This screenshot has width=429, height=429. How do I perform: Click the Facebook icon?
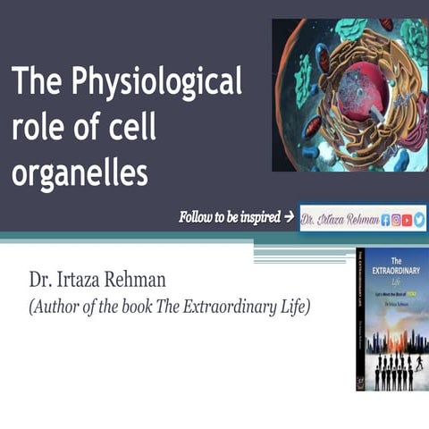[x=386, y=218]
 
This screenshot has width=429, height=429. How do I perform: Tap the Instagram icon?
[x=398, y=218]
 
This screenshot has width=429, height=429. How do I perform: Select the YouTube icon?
[x=408, y=218]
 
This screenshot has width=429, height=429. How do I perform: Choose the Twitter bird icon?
[x=419, y=218]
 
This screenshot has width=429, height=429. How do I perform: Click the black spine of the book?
[x=360, y=317]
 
